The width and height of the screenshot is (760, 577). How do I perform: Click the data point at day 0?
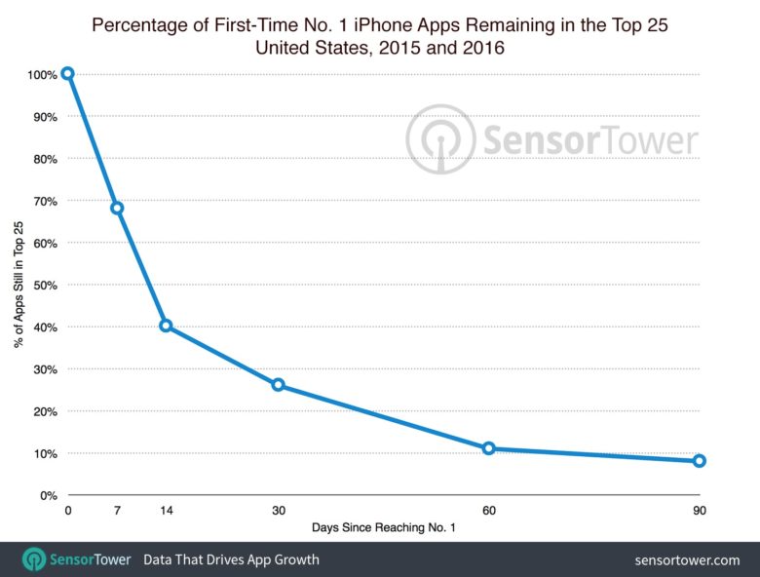[x=67, y=73]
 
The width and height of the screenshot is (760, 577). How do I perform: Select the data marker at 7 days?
[x=117, y=208]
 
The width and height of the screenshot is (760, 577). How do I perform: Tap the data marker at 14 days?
[x=166, y=326]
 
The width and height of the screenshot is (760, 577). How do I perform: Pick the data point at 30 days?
[x=278, y=385]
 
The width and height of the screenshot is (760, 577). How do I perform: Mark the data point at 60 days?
[x=488, y=448]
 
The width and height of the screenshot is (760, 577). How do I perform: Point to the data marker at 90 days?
[x=699, y=461]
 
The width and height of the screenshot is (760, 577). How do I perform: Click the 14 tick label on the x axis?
[x=166, y=511]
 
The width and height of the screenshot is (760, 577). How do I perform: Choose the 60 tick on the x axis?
[x=488, y=511]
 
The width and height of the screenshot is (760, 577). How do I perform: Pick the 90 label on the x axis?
[x=699, y=511]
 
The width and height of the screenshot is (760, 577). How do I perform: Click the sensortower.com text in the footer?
[x=687, y=560]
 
